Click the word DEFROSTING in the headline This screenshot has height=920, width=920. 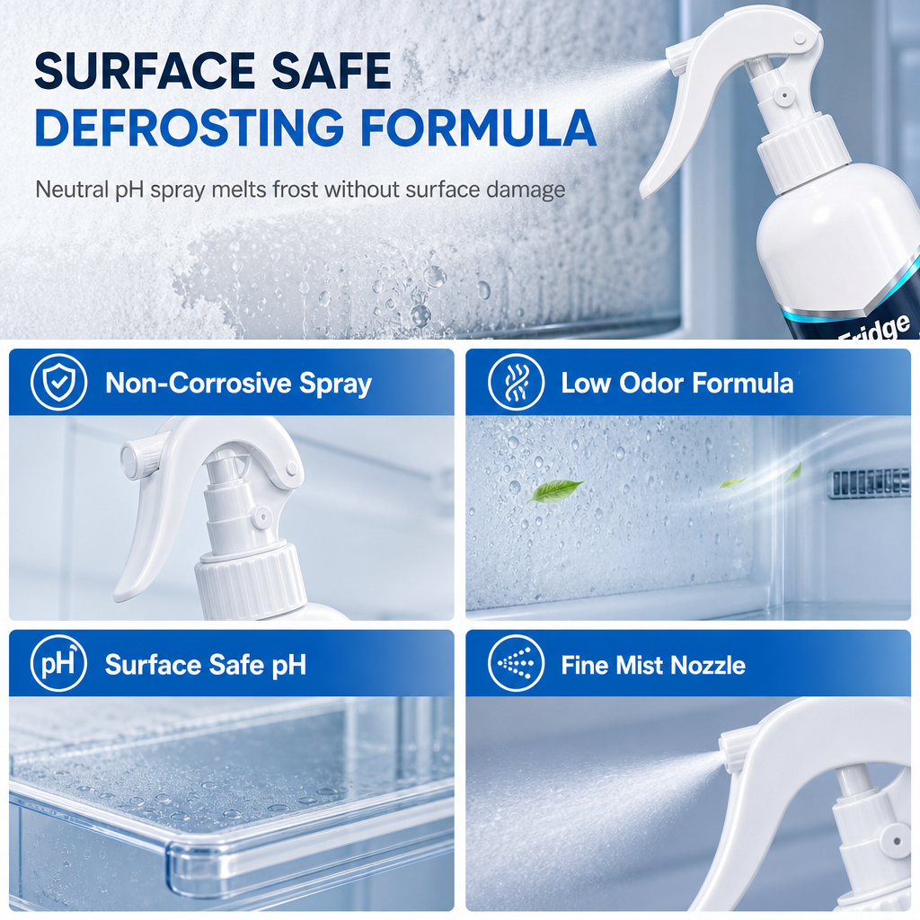[189, 127]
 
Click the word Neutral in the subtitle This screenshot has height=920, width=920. [72, 190]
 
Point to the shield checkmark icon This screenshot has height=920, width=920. [58, 382]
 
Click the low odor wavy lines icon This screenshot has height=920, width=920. [516, 382]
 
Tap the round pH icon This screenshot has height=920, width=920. [58, 664]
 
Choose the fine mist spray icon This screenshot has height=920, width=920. [516, 664]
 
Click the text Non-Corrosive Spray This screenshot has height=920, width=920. [238, 383]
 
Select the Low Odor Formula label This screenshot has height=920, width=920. [677, 383]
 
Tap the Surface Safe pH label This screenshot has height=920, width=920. [206, 666]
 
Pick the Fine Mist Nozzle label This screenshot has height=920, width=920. [653, 666]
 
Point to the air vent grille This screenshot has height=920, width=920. [869, 483]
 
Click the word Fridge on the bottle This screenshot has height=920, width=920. [874, 329]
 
